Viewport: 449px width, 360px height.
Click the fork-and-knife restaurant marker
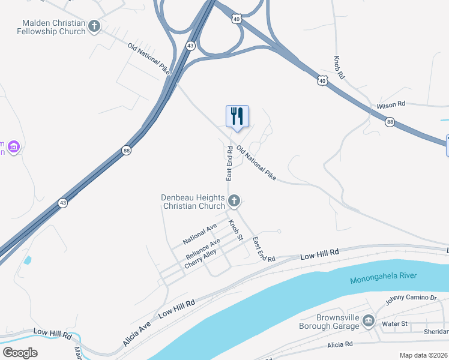tap(237, 116)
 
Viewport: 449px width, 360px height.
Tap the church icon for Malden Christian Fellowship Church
tap(94, 26)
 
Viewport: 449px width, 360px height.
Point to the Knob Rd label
tap(339, 69)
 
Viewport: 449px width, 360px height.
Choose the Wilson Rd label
tap(391, 105)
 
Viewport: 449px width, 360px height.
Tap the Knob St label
tap(235, 230)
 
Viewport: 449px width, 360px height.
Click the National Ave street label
tap(200, 234)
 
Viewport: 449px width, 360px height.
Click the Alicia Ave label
tap(137, 334)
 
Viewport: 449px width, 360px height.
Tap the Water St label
tap(394, 324)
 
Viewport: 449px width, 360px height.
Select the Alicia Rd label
tap(340, 345)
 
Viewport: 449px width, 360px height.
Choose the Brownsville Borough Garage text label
tap(330, 322)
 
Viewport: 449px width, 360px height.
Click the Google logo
tap(20, 352)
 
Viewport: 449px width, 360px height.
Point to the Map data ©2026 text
tap(423, 355)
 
